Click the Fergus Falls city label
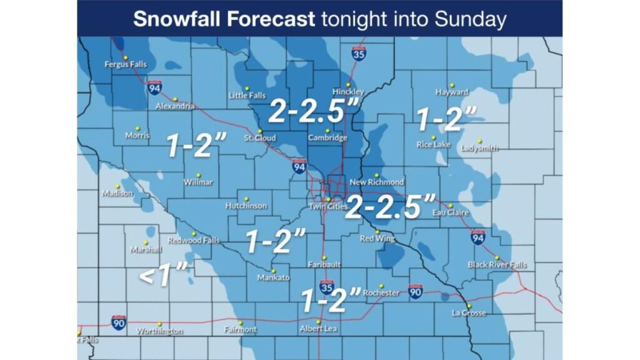(125, 64)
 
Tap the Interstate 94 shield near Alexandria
(155, 88)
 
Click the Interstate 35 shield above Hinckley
(358, 54)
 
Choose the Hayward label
(452, 92)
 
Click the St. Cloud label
(259, 138)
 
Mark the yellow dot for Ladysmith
(480, 141)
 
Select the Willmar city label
(198, 182)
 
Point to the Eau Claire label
(451, 212)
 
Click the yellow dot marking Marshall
(146, 242)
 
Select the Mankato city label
(273, 278)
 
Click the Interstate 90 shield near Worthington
(119, 322)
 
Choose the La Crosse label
(469, 313)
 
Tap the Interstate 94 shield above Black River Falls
(478, 237)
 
